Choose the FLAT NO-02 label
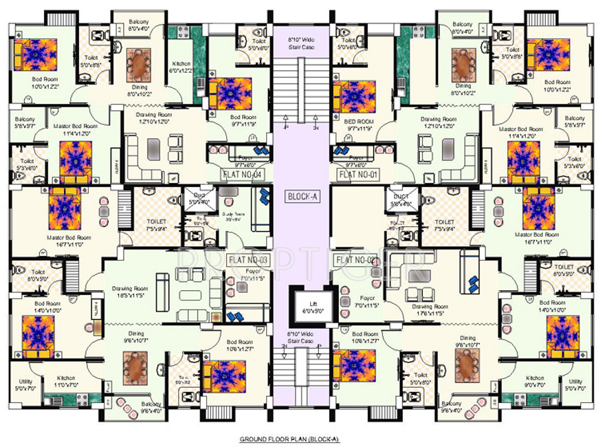click(356, 260)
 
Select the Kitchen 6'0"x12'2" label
click(184, 67)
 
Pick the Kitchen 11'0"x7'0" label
click(65, 381)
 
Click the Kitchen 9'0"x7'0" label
click(535, 381)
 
